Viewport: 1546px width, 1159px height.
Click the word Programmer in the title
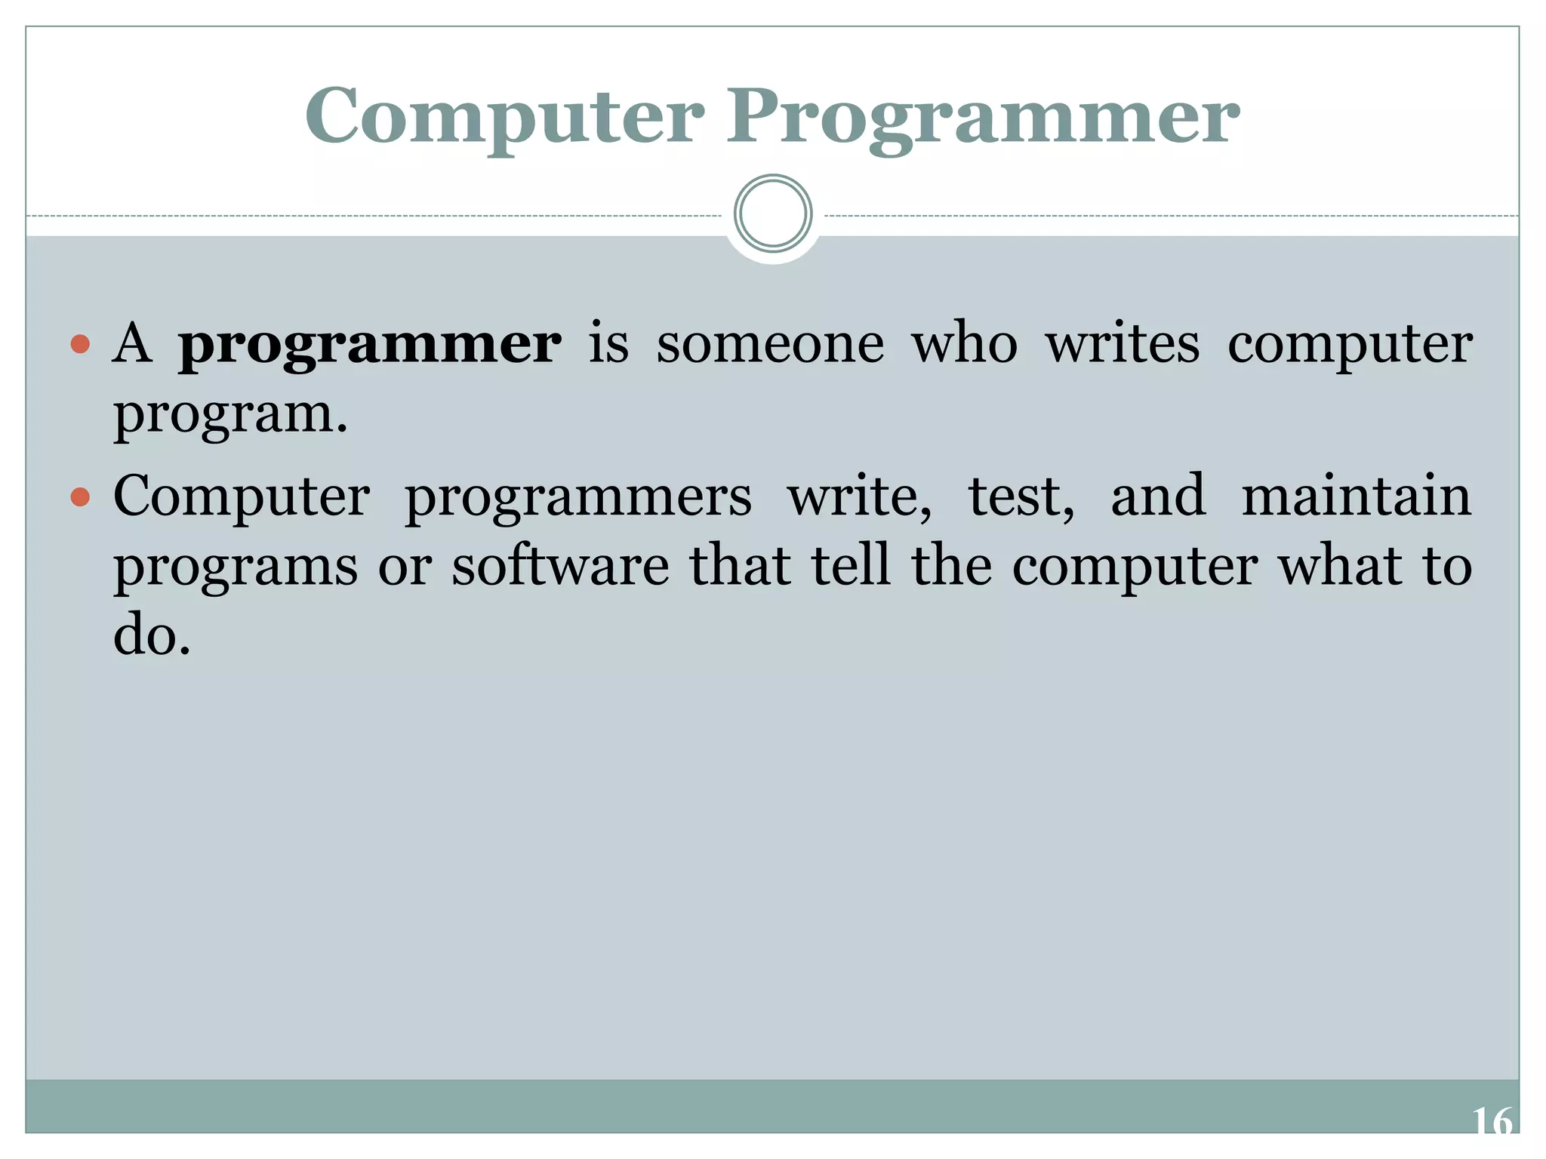(983, 118)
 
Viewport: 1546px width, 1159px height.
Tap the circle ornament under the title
(773, 214)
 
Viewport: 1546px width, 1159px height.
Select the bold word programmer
(370, 346)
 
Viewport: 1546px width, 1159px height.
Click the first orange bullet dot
(80, 346)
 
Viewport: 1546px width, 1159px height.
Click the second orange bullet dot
(80, 498)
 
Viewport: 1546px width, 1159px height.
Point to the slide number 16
(1492, 1121)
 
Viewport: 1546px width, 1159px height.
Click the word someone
(770, 344)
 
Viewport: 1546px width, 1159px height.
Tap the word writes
(1123, 344)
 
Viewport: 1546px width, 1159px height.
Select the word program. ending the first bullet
(230, 415)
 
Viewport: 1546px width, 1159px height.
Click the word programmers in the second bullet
(578, 498)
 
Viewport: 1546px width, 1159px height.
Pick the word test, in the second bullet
(1021, 496)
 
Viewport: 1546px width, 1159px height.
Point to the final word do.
(151, 635)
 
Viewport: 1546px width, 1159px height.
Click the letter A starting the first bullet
(132, 344)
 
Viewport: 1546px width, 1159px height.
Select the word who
(965, 344)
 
